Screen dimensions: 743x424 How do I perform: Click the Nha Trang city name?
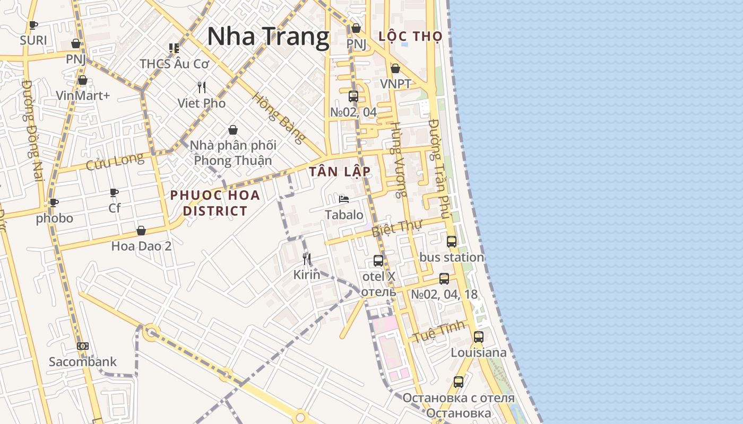(x=268, y=37)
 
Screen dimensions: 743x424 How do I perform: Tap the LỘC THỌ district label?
(x=411, y=36)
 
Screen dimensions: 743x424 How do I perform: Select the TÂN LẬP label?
(x=340, y=171)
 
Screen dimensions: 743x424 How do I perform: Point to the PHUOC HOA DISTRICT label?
(x=215, y=203)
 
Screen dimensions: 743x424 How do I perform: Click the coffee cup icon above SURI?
(x=33, y=25)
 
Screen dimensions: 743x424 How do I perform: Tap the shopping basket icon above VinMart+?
(x=82, y=80)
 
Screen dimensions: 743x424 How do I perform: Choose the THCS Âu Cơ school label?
(x=175, y=64)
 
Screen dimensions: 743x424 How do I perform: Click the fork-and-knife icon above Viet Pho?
(x=202, y=87)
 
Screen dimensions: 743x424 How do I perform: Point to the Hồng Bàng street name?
(x=279, y=118)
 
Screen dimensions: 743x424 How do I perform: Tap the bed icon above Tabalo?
(x=344, y=199)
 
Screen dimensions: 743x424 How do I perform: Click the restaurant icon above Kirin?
(x=307, y=259)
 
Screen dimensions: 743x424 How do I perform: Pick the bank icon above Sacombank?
(x=82, y=346)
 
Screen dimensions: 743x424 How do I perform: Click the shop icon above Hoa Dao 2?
(x=141, y=231)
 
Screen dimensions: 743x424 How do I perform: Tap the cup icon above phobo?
(x=54, y=202)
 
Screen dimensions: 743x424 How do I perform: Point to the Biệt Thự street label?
(x=396, y=228)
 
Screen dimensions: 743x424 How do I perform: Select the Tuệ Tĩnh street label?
(x=439, y=331)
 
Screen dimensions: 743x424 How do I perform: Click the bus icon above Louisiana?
(x=478, y=337)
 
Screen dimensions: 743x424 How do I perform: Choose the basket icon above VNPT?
(x=395, y=68)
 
